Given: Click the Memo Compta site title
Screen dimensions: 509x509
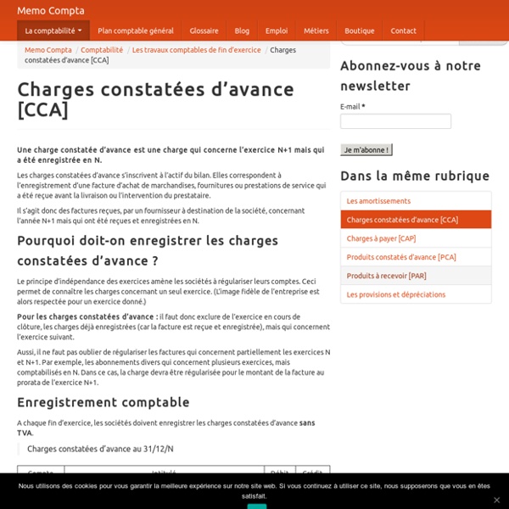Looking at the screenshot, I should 51,10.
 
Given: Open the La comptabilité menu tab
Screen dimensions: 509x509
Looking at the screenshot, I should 53,31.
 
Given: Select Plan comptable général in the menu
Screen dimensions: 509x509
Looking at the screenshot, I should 136,31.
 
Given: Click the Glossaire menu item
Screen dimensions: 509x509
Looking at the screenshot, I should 204,31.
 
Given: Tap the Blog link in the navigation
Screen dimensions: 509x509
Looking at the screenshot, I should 242,31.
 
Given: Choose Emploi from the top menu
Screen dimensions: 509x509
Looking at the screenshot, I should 276,31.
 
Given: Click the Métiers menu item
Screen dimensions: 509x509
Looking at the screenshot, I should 316,31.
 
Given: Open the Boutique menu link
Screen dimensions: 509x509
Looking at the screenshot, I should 359,31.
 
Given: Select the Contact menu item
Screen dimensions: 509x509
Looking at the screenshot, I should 403,31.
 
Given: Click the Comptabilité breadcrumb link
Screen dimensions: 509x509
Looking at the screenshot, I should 102,50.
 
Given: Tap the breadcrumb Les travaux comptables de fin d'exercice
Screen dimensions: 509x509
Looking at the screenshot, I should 196,50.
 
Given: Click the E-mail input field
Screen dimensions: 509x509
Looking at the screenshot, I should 395,121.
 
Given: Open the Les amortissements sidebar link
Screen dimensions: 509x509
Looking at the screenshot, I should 378,201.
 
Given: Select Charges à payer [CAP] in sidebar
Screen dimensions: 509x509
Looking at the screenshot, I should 381,238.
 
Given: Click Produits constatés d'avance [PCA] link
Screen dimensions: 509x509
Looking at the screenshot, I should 401,257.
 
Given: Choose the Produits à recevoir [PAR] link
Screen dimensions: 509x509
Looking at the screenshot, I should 386,276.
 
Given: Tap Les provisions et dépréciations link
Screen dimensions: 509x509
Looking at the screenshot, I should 395,294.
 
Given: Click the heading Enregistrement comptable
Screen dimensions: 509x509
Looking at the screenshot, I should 103,402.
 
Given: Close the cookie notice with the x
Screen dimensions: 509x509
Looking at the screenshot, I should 496,500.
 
